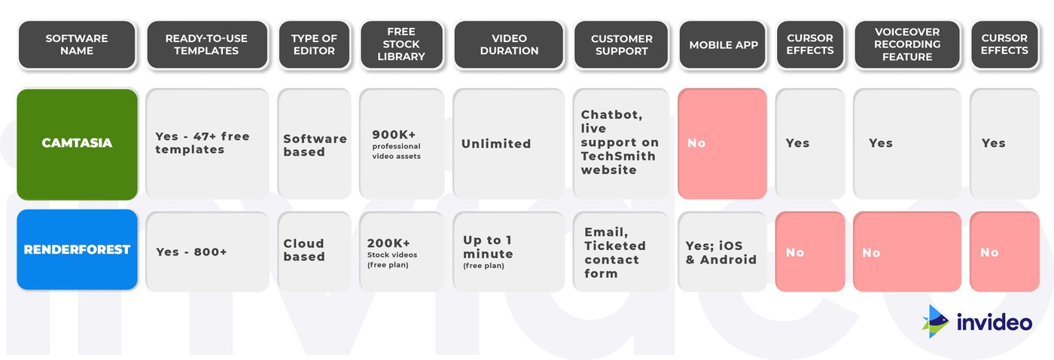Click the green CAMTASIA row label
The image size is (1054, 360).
[77, 144]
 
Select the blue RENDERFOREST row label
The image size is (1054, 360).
[77, 249]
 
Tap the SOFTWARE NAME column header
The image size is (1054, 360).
[77, 44]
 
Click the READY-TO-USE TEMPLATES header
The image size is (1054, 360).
[206, 44]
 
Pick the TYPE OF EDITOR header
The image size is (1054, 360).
[315, 44]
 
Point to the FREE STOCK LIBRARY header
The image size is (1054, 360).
[401, 44]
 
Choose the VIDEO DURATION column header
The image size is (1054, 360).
[509, 44]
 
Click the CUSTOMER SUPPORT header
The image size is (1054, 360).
[622, 44]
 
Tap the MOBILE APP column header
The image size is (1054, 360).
[723, 44]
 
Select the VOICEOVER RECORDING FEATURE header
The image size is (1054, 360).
[907, 44]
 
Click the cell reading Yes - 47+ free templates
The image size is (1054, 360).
[207, 144]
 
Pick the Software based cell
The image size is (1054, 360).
[315, 144]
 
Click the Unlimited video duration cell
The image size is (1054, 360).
[509, 144]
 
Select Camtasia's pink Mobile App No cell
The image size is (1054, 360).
[722, 144]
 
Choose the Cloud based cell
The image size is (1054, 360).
[315, 252]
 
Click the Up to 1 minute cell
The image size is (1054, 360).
[509, 252]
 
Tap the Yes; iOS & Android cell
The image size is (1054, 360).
[722, 252]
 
